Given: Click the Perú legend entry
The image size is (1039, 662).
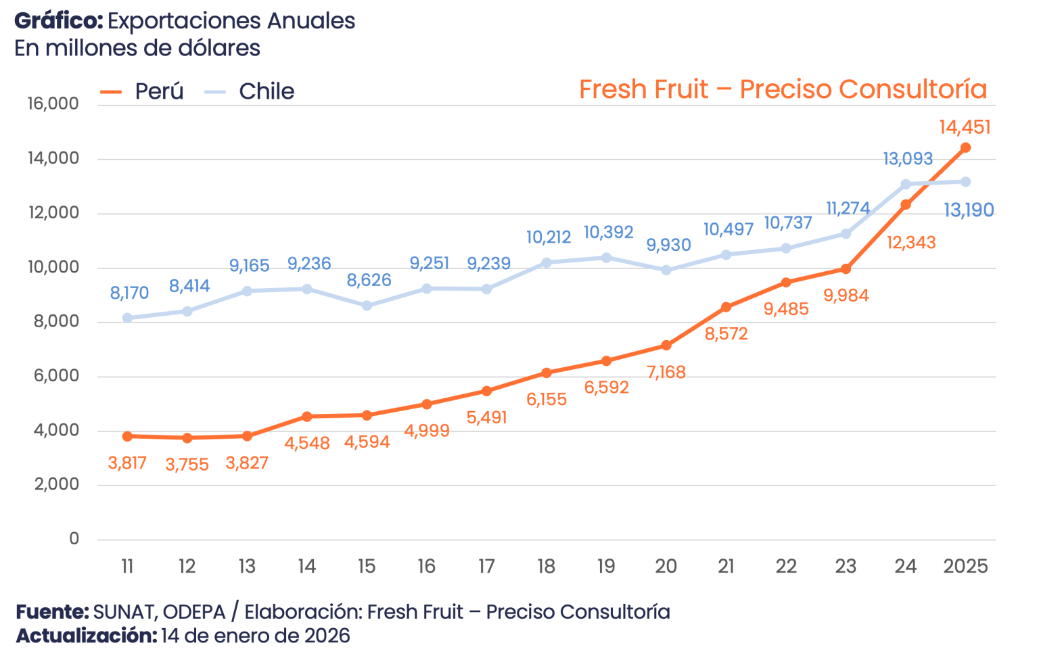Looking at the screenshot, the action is pyautogui.click(x=142, y=91).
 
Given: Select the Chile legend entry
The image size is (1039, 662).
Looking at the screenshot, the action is pyautogui.click(x=250, y=91).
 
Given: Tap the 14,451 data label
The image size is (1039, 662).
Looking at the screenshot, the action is pyautogui.click(x=965, y=127).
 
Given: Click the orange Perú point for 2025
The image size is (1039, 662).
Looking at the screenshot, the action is pyautogui.click(x=966, y=148).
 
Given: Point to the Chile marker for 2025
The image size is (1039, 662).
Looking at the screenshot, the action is pyautogui.click(x=966, y=182).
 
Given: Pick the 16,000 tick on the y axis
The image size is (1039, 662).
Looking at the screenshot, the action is pyautogui.click(x=53, y=103).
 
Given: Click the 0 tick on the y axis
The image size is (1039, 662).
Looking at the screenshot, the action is pyautogui.click(x=74, y=539).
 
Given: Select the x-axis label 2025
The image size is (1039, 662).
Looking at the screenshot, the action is pyautogui.click(x=966, y=566).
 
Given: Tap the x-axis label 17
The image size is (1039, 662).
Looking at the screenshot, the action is pyautogui.click(x=486, y=566).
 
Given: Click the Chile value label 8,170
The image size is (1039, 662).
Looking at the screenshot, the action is pyautogui.click(x=129, y=293).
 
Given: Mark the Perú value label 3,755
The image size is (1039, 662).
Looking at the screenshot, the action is pyautogui.click(x=187, y=465).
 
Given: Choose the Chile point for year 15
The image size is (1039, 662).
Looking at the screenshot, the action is pyautogui.click(x=367, y=306).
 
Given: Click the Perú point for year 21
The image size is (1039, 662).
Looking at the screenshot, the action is pyautogui.click(x=726, y=307).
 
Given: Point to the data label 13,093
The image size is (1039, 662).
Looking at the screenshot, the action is pyautogui.click(x=908, y=159).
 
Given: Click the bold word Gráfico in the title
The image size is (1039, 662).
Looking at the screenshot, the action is pyautogui.click(x=58, y=22).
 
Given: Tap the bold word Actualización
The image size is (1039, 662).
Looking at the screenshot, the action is pyautogui.click(x=87, y=636).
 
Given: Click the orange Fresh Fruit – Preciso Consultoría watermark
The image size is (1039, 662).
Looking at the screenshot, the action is pyautogui.click(x=783, y=89).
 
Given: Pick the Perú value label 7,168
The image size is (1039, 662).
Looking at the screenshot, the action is pyautogui.click(x=666, y=373).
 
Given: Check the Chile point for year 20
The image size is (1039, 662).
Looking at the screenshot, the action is pyautogui.click(x=666, y=270).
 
